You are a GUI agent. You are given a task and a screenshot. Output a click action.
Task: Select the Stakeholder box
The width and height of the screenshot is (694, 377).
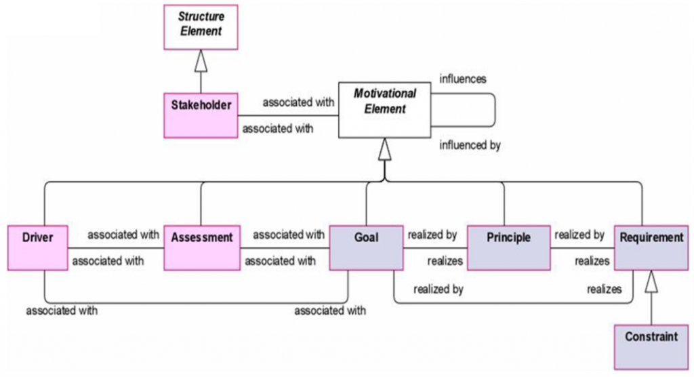(x=201, y=115)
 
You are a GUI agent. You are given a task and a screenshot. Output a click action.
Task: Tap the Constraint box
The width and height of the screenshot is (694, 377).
(x=651, y=346)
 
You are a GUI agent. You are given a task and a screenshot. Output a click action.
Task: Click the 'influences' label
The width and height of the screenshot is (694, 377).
(x=463, y=79)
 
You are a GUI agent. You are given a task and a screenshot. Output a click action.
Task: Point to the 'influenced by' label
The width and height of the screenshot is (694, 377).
(x=470, y=144)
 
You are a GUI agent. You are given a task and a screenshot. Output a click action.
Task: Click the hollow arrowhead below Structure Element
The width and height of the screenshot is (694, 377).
(x=201, y=62)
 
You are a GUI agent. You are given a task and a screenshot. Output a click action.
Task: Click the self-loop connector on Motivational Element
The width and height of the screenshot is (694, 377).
(x=496, y=108)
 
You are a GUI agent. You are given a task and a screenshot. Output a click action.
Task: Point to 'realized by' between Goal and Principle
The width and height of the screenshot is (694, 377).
(x=432, y=235)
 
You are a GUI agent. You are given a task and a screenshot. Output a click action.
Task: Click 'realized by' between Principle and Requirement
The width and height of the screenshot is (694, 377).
(x=579, y=235)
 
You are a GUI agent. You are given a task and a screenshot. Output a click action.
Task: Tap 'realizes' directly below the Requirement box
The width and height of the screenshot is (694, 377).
(x=604, y=289)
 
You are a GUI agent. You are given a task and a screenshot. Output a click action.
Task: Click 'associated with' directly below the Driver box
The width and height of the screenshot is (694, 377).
(x=62, y=311)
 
